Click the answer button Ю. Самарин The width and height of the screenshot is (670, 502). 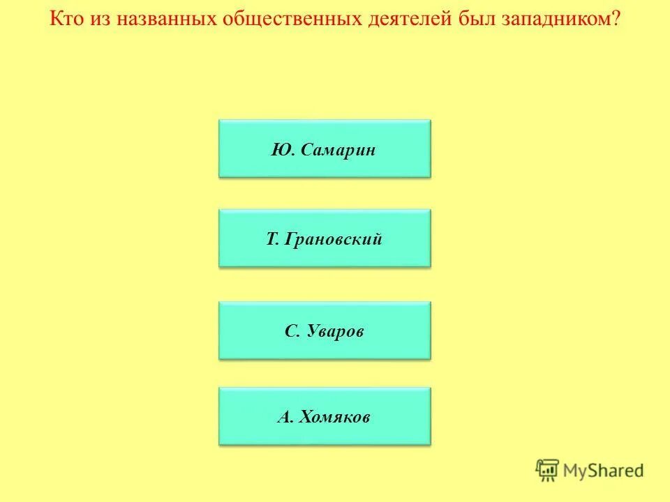click(x=325, y=148)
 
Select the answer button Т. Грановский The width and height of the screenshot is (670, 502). click(x=325, y=238)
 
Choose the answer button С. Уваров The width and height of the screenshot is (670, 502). click(x=325, y=330)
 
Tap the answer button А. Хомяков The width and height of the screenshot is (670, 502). click(x=325, y=416)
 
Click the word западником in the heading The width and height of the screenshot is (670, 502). click(x=558, y=18)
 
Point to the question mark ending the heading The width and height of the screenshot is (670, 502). click(x=616, y=18)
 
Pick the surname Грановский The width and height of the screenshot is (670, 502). click(x=334, y=240)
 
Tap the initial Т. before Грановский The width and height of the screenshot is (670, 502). click(x=272, y=240)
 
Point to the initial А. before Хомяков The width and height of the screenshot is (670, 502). click(x=285, y=418)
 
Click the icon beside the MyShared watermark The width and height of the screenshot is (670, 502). click(x=548, y=470)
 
